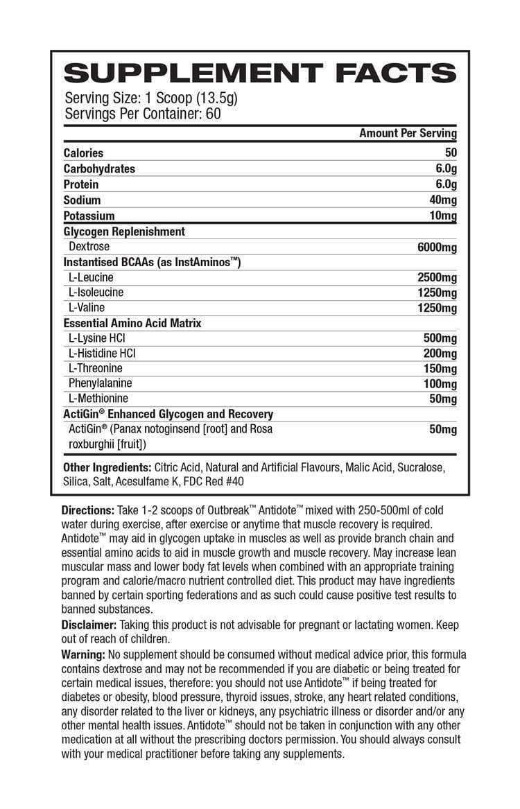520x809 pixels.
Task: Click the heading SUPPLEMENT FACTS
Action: [259, 71]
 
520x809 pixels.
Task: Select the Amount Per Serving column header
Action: [408, 133]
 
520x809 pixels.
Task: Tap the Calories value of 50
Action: [450, 153]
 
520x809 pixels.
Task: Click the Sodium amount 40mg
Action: [443, 200]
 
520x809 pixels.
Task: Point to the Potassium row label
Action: [89, 216]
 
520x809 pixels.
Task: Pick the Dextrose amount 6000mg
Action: [437, 247]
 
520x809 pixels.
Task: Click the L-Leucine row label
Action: [91, 277]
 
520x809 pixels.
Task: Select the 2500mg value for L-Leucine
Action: [437, 278]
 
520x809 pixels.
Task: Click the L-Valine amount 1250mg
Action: [437, 308]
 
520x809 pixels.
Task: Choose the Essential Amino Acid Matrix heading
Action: [132, 323]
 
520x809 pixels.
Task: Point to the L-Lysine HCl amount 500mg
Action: [440, 339]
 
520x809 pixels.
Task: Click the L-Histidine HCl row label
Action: [102, 354]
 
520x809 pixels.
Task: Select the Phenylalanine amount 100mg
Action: [440, 384]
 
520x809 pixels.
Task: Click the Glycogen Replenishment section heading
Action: [124, 232]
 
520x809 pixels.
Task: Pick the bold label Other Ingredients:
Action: [107, 467]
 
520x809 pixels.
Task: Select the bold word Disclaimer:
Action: [89, 625]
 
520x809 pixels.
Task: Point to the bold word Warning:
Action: [83, 654]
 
